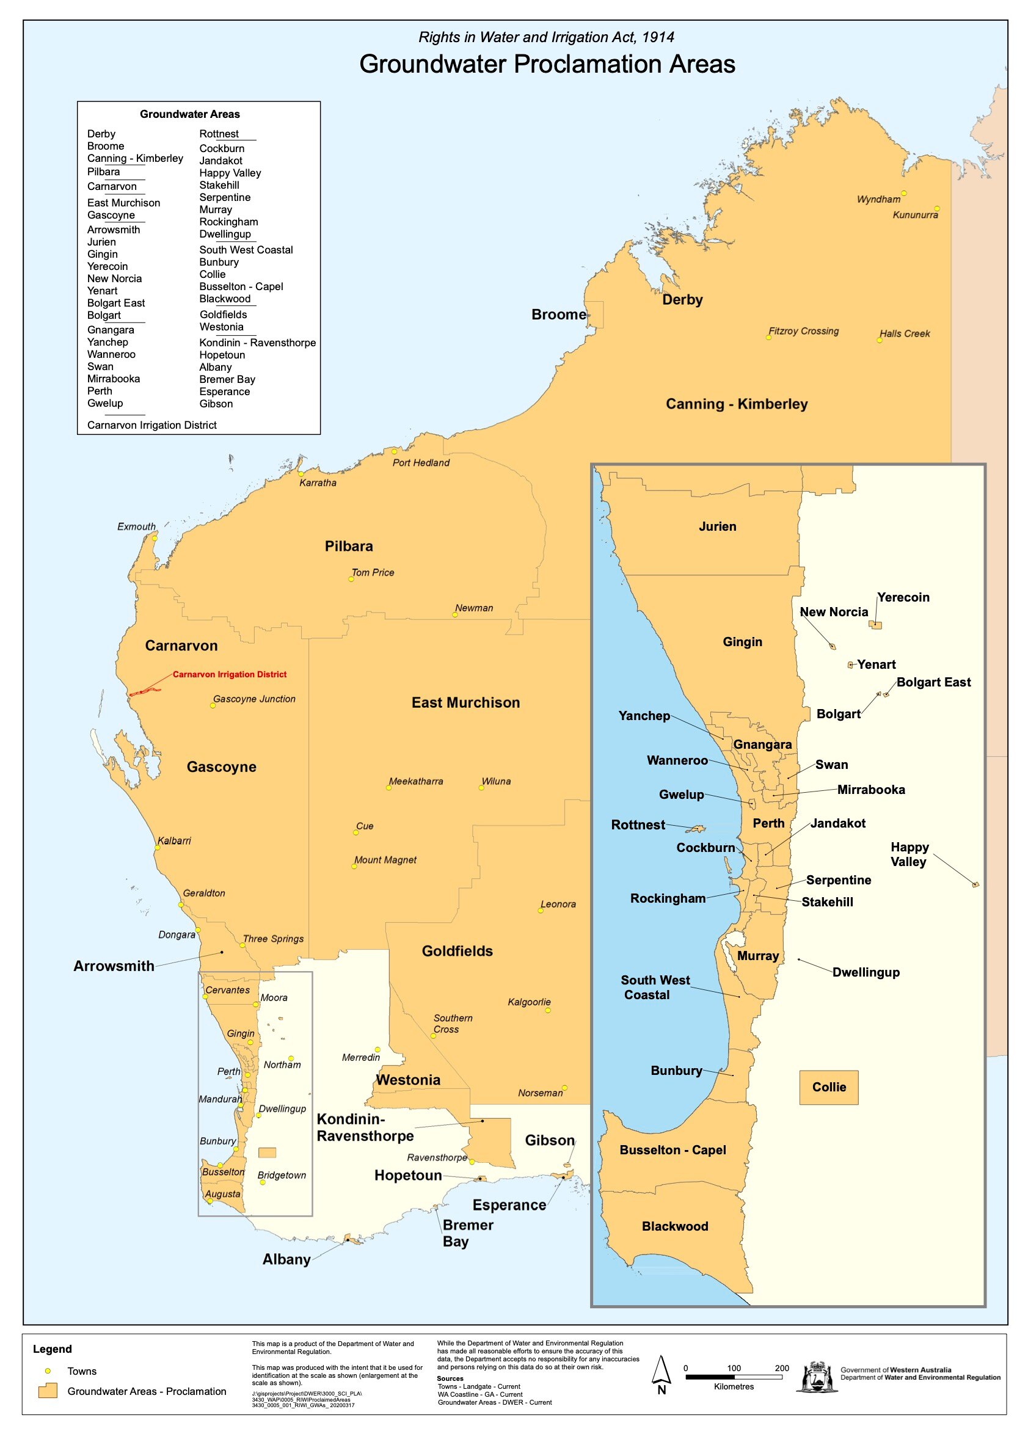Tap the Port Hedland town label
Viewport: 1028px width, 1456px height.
(420, 463)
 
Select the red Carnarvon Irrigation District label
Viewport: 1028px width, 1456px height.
(229, 674)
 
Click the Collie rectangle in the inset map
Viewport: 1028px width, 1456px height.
(828, 1088)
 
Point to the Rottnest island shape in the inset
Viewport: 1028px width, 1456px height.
(696, 829)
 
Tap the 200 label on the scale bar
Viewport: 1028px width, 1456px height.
(781, 1368)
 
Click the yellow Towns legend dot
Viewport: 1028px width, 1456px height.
(48, 1371)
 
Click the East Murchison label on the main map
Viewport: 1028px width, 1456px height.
(465, 702)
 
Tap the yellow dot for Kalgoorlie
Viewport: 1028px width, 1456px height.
(548, 1010)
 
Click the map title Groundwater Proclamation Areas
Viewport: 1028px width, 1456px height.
(547, 65)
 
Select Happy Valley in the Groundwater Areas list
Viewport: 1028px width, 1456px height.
(230, 173)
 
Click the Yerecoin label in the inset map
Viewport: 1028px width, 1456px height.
(902, 597)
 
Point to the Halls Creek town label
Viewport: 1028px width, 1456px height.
(904, 333)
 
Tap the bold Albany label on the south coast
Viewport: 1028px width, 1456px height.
(286, 1259)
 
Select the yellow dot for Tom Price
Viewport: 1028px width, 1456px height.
(351, 579)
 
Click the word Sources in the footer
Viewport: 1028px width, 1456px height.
(450, 1378)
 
